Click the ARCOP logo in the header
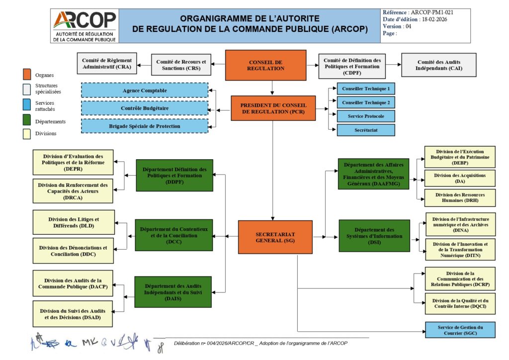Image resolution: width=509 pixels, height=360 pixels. pos(85,25)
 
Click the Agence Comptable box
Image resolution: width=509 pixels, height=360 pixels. pos(145,90)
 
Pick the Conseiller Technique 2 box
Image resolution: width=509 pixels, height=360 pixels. pos(366,102)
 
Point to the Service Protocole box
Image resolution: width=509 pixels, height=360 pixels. pos(366,116)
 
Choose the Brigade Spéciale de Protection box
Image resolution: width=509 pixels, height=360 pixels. pos(145,126)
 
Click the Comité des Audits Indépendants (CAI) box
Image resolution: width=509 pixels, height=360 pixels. pos(439,65)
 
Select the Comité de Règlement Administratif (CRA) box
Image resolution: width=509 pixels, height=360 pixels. pos(107,65)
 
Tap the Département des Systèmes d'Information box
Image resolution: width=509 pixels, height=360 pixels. pos(374,236)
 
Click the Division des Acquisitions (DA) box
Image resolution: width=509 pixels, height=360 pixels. pos(460,178)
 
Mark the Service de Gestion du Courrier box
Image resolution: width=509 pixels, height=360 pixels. pos(460,330)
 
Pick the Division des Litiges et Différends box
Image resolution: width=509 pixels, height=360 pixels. pos(74,222)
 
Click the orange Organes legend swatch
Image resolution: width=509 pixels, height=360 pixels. pos(27,75)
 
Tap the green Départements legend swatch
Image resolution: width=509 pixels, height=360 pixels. pos(27,120)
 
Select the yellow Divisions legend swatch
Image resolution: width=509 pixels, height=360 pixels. pos(27,133)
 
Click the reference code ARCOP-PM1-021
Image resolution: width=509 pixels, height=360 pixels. pos(432,12)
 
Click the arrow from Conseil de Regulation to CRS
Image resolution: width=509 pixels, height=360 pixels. pos(219,64)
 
